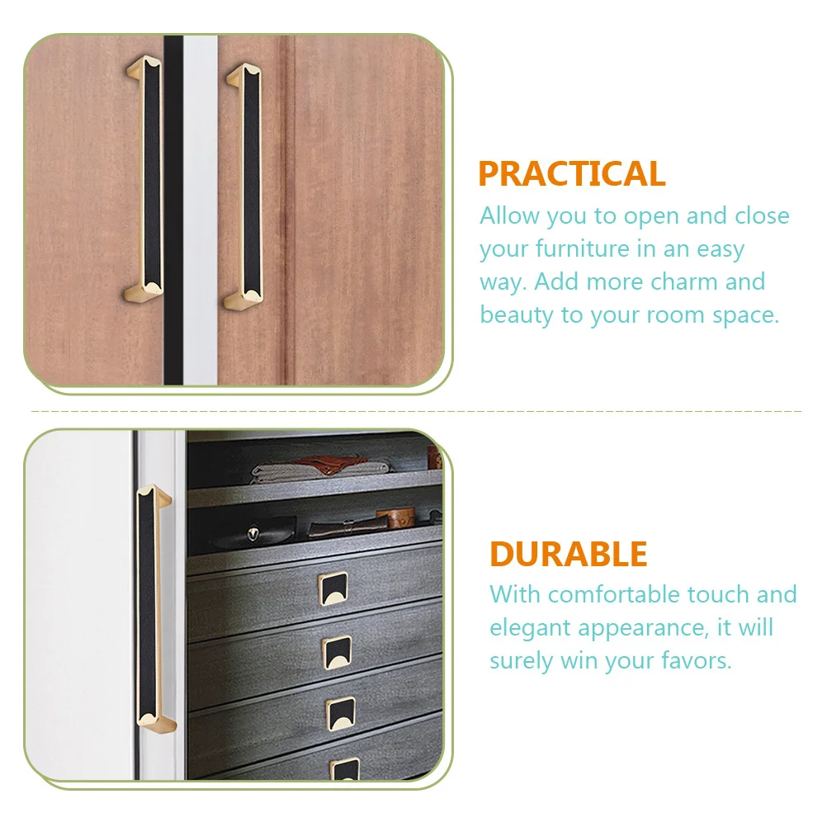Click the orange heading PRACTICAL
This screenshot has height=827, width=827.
pos(571,174)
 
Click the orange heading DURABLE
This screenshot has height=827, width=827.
pos(568,554)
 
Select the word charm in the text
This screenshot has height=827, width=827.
pos(685,282)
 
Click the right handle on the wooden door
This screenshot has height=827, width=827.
pos(244,186)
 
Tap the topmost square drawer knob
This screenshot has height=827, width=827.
pos(333,588)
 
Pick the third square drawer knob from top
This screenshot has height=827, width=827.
pos(340,712)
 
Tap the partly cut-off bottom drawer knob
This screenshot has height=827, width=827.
pos(345,769)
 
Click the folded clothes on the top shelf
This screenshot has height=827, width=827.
pos(322,471)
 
